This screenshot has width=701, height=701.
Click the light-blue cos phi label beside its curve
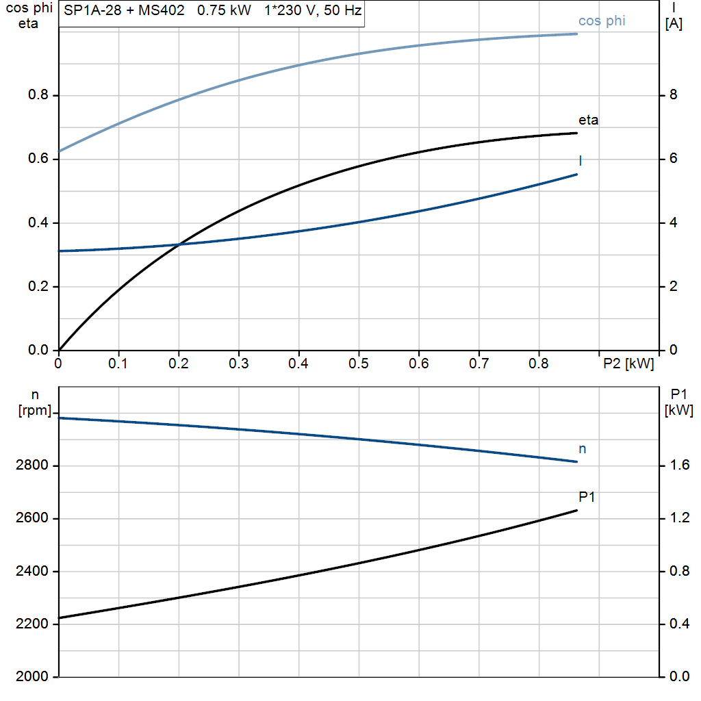point(602,21)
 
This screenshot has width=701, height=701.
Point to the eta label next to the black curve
point(588,120)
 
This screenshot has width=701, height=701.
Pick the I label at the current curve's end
point(581,161)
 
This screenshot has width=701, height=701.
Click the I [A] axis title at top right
point(674,16)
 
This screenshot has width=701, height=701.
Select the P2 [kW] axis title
point(628,364)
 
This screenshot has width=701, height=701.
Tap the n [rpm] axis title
point(35,402)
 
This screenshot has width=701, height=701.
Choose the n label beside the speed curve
point(583,449)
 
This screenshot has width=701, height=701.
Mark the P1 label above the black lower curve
point(587,497)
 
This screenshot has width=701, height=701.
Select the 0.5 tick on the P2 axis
point(358,364)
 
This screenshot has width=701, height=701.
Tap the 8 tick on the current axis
point(673,95)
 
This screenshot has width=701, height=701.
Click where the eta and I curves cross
point(179,244)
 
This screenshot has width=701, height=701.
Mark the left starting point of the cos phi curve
point(60,151)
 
